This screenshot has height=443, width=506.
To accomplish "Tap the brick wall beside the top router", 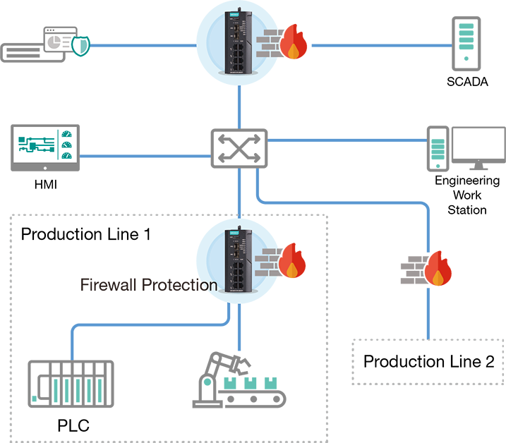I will [267, 44].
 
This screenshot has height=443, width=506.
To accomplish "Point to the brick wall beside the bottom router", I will [267, 263].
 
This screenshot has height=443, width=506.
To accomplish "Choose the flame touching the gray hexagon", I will [440, 271].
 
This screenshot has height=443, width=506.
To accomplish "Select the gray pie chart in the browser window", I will [54, 42].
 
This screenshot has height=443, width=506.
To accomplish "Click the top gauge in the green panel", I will [66, 133].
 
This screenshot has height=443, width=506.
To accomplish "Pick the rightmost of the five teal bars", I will [100, 390].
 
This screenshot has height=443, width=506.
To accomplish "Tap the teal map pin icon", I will [207, 385].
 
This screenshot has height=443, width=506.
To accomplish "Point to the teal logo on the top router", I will [233, 13].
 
